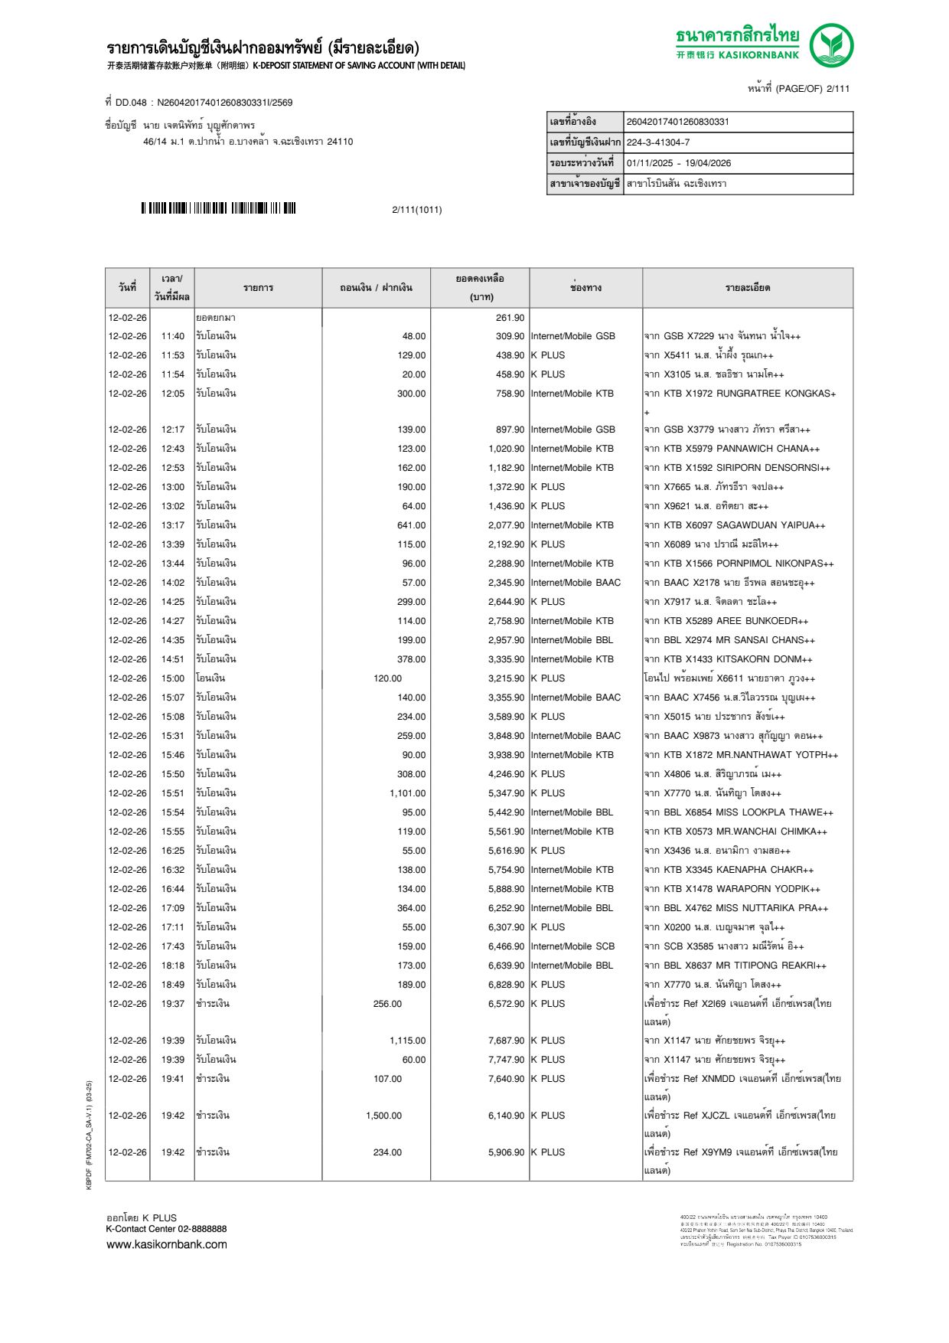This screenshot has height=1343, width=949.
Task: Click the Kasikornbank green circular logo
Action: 831,44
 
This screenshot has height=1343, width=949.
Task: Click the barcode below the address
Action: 218,208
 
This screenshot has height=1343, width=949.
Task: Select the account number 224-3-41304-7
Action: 658,142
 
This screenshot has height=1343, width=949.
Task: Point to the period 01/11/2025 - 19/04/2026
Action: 679,163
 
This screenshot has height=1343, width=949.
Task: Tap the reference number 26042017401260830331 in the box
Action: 678,122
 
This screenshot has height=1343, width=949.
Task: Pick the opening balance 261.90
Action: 510,318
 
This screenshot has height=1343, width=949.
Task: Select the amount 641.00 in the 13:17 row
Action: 411,525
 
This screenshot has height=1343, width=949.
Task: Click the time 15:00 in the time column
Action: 173,678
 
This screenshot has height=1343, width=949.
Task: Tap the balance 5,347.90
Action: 507,793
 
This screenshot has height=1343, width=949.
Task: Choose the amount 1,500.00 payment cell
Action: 383,1116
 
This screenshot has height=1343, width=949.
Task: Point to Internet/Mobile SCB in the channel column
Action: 572,946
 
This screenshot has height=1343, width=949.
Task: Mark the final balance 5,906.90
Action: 507,1152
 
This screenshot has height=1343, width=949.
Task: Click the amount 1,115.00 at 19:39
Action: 407,1041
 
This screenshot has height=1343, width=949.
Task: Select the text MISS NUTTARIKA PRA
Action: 771,908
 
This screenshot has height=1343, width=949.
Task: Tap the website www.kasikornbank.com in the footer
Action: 167,1244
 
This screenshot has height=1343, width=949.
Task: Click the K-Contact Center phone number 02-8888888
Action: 202,1229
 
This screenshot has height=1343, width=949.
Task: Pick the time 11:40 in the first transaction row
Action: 173,336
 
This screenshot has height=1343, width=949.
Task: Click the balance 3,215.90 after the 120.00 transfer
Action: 507,678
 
